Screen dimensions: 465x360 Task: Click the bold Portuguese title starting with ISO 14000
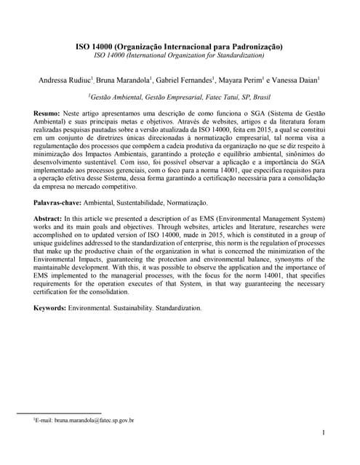[x=180, y=45]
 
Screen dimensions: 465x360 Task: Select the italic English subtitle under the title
[x=180, y=54]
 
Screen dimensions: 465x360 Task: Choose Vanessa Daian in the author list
[x=298, y=80]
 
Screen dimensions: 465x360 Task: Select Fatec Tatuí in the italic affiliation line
[x=215, y=95]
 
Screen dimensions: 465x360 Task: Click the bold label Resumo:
[x=48, y=114]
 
